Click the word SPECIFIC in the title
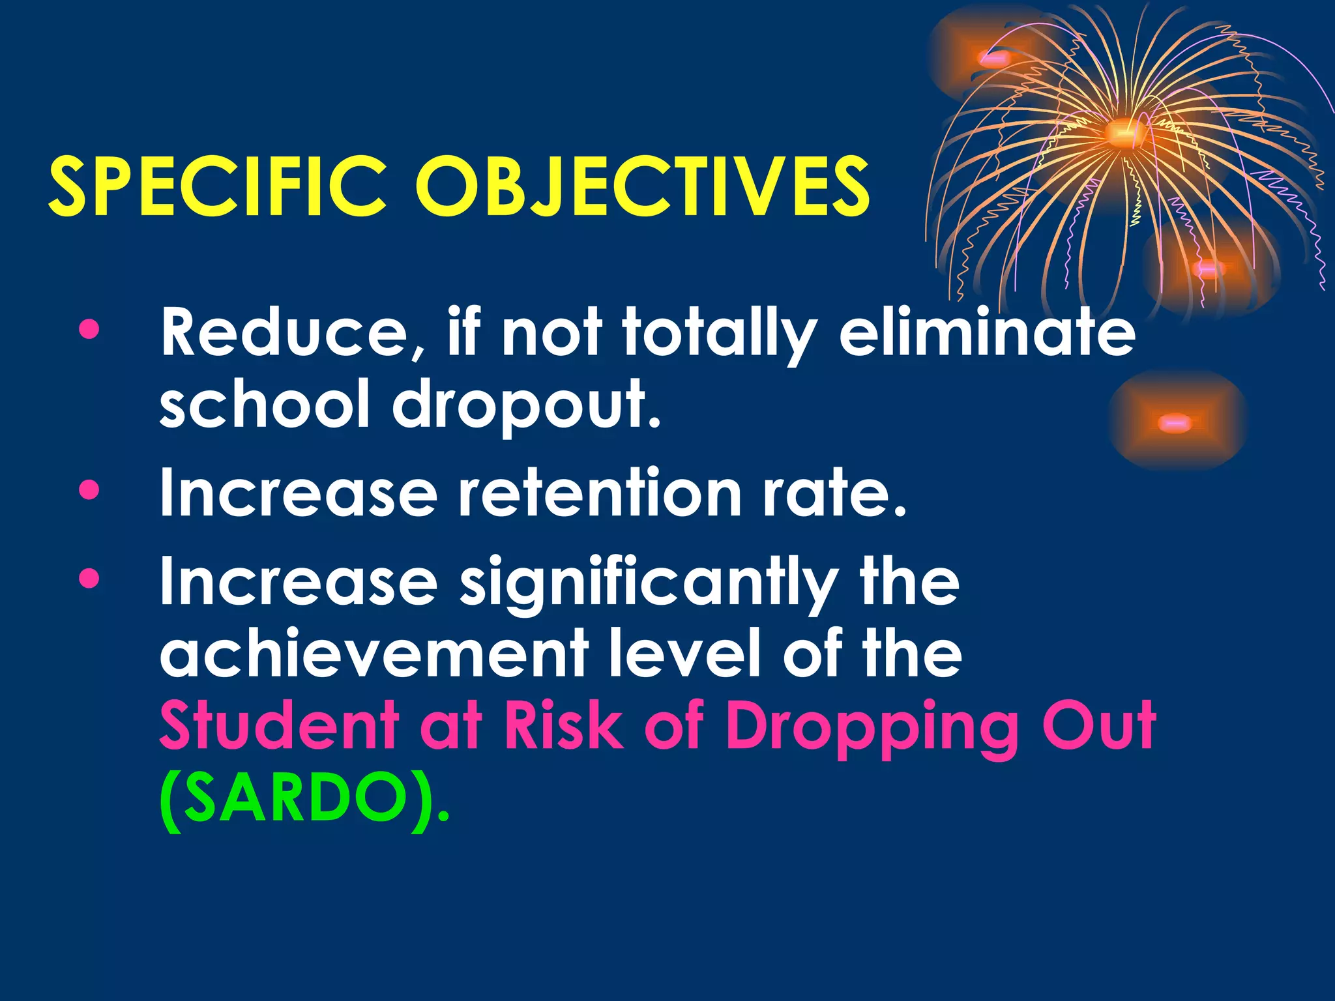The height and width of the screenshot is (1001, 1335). coord(218,187)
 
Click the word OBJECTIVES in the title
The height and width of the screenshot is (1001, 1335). coord(642,187)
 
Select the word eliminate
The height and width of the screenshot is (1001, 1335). coord(987,334)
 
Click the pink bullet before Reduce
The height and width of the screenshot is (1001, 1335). coord(89,330)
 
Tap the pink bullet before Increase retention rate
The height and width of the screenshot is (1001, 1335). coord(89,489)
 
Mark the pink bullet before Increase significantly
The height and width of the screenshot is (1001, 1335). coord(89,577)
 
